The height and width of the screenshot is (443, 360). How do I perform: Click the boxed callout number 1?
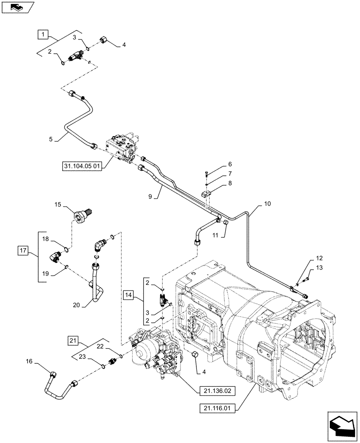(43, 34)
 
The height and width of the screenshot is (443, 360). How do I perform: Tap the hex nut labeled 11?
(225, 221)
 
